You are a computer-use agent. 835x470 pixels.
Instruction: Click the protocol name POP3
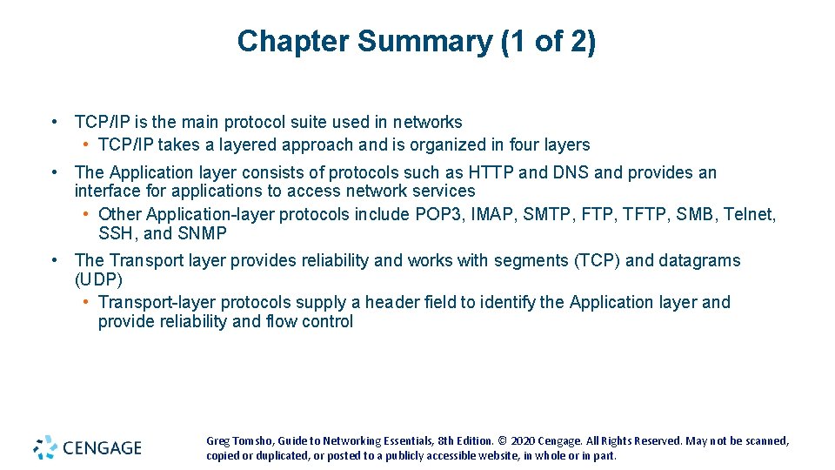494,214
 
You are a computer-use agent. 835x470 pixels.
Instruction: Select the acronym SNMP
202,233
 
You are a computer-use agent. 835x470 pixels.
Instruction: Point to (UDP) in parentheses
98,279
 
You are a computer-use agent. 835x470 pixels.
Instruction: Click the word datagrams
700,260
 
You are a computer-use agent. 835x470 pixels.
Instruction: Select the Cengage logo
87,447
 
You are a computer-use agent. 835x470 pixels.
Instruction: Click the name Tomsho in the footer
250,441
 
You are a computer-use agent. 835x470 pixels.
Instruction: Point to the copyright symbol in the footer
503,441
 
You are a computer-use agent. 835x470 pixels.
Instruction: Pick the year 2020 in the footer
523,441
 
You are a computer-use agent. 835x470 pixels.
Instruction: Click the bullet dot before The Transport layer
55,260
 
